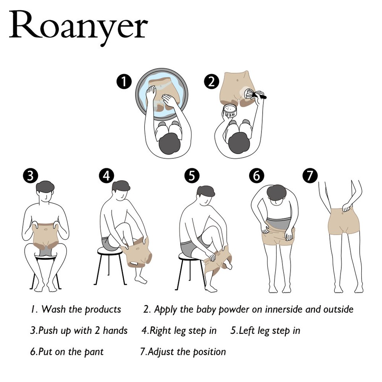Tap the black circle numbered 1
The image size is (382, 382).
tap(125, 82)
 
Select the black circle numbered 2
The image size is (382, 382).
tap(212, 82)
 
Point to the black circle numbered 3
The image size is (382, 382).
tap(31, 175)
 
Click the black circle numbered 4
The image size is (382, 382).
tap(106, 175)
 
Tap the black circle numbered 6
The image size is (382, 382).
tap(257, 175)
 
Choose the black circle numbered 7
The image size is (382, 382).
tap(310, 175)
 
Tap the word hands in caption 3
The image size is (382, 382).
tap(115, 330)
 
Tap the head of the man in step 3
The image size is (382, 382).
tap(45, 192)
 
